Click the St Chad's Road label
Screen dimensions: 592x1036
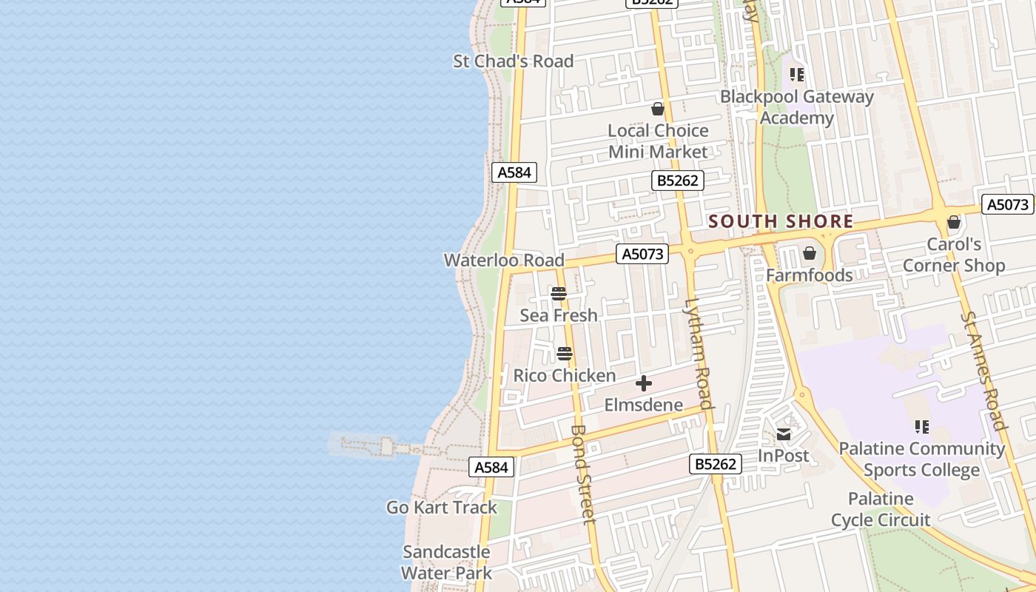coord(513,61)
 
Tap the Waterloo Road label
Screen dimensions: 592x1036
coord(504,260)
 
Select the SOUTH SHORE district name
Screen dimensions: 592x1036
coord(781,221)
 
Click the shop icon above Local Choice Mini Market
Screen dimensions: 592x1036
coord(658,110)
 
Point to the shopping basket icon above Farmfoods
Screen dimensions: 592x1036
coord(810,254)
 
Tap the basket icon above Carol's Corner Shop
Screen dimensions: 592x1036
coord(954,222)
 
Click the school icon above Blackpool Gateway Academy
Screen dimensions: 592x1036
coord(797,74)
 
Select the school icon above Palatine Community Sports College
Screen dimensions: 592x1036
coord(922,426)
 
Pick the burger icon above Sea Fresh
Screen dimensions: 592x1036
coord(559,294)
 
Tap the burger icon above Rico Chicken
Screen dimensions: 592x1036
coord(565,354)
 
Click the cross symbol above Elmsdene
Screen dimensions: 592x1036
coord(644,383)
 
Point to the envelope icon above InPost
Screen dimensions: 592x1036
coord(784,434)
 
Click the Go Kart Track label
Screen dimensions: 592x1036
coord(442,508)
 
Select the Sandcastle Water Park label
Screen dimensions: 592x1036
coord(446,562)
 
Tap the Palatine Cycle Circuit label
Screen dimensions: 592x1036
coord(881,509)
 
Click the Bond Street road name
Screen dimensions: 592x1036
coord(583,474)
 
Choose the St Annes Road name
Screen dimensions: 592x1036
coord(983,370)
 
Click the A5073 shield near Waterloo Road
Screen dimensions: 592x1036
coord(642,255)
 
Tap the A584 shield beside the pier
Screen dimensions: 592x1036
coord(491,467)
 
